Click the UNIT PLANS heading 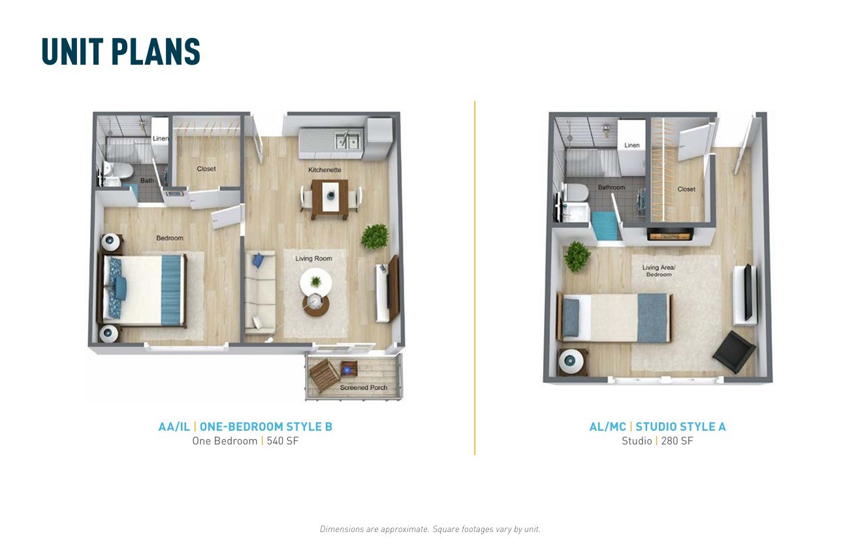(x=121, y=52)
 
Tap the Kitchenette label (x=325, y=169)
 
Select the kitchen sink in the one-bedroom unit (x=347, y=141)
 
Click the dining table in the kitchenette (x=330, y=199)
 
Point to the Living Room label (x=313, y=258)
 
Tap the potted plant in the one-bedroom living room (x=375, y=236)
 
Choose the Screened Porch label (x=364, y=388)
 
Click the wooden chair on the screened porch (x=325, y=375)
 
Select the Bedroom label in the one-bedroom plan (x=169, y=238)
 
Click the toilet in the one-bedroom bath (x=119, y=169)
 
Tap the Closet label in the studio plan (x=686, y=189)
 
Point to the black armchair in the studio (x=734, y=352)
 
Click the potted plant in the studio (x=577, y=256)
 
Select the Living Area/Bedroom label (x=659, y=271)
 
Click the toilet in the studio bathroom (x=575, y=192)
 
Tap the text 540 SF (x=283, y=441)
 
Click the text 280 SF (x=677, y=441)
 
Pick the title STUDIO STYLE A (x=680, y=427)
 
